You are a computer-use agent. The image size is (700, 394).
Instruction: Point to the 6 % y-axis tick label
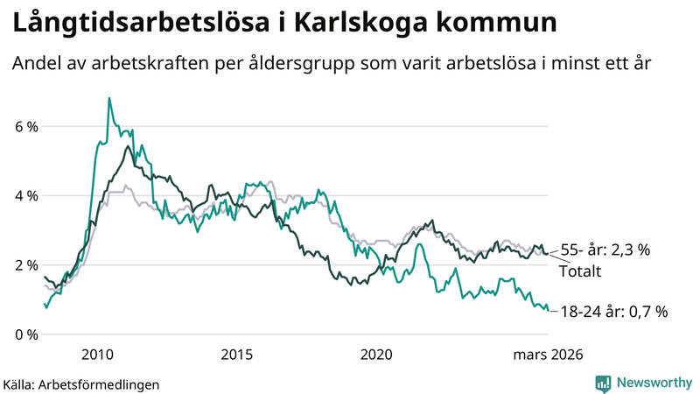[x=27, y=127]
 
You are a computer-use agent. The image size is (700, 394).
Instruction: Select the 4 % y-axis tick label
[x=27, y=196]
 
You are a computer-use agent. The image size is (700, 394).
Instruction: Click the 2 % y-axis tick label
[x=27, y=265]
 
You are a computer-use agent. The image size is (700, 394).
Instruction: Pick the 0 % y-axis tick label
[x=27, y=334]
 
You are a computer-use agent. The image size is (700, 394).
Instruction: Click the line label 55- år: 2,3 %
[x=605, y=250]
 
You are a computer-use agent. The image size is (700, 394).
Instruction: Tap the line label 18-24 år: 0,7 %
[x=614, y=311]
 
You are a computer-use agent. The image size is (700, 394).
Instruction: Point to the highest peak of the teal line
[x=109, y=98]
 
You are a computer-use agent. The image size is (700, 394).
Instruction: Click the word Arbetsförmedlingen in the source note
[x=101, y=383]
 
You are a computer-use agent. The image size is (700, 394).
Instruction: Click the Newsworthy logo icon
[x=603, y=383]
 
